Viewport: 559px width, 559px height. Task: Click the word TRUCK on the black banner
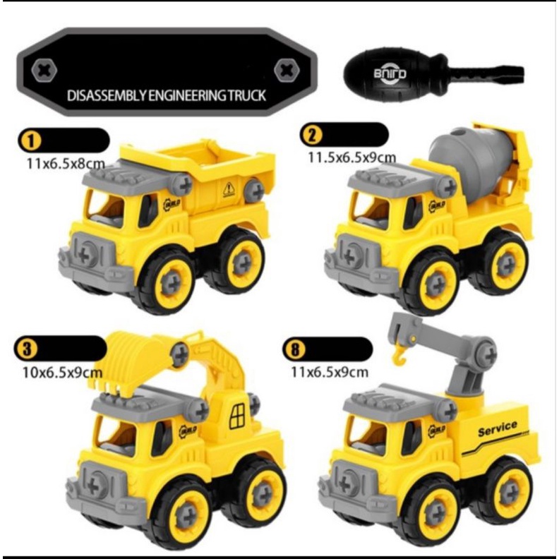247,95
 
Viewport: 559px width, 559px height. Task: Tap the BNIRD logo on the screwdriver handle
390,73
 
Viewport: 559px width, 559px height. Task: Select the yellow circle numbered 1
30,140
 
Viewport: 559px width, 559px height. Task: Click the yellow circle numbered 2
311,135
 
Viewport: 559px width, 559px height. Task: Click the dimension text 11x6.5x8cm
66,164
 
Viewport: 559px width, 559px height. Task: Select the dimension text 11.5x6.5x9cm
352,157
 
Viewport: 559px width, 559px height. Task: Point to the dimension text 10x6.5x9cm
62,373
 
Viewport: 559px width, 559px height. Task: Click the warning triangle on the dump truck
229,189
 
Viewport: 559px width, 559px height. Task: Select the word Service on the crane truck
498,428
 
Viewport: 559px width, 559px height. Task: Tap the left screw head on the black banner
44,71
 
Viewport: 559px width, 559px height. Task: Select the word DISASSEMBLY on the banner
107,95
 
